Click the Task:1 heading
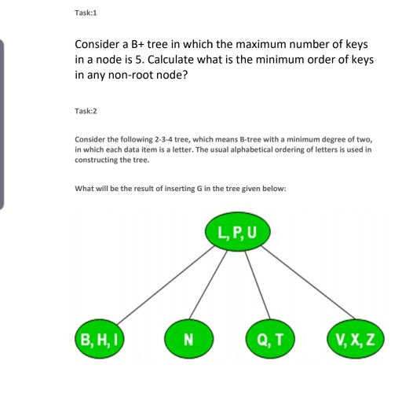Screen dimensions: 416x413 (x=86, y=13)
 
